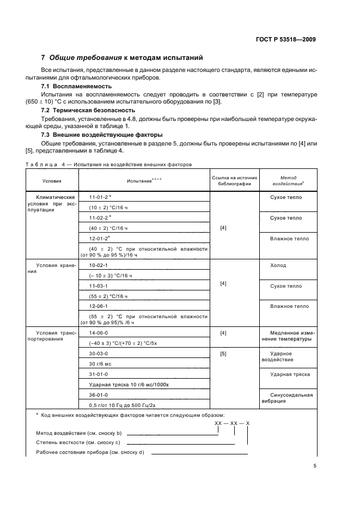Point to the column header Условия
(x=52, y=180)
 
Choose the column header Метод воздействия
(x=288, y=180)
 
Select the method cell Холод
(x=278, y=265)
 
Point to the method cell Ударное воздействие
(x=283, y=356)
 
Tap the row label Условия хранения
(x=52, y=268)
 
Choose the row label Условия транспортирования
(x=52, y=335)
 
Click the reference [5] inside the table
(x=223, y=353)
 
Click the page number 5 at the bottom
(x=314, y=465)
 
